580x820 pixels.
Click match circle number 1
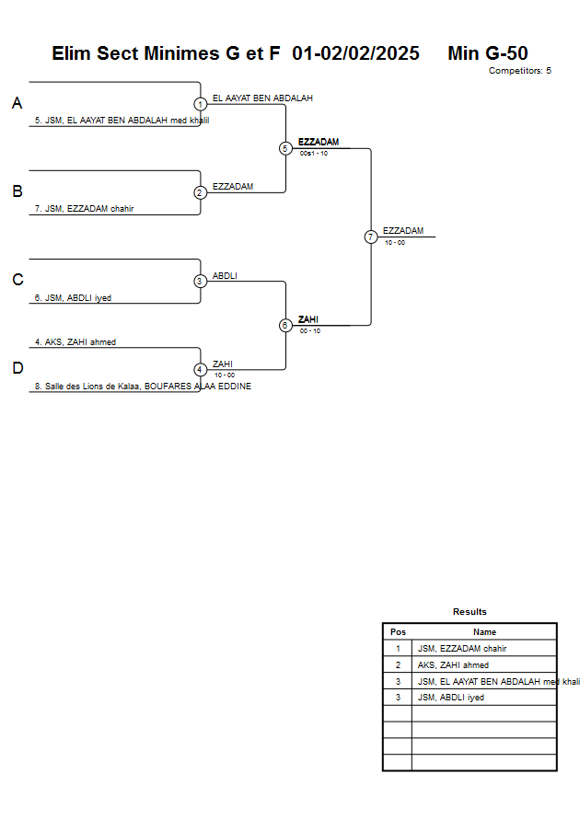200,104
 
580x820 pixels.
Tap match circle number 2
200,192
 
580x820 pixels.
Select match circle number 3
200,281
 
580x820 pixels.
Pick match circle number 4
200,369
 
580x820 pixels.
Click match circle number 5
285,148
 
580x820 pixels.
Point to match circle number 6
285,325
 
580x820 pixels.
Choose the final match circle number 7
371,237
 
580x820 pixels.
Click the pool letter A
17,104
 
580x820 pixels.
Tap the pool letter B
17,191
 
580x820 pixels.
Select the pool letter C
17,280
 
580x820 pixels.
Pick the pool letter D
17,368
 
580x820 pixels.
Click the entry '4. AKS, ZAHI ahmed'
75,342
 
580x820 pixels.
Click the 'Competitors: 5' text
519,71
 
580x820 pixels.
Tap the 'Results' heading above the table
470,612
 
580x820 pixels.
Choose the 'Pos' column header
398,632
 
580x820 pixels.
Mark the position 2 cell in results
398,664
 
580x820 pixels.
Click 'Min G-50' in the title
487,53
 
